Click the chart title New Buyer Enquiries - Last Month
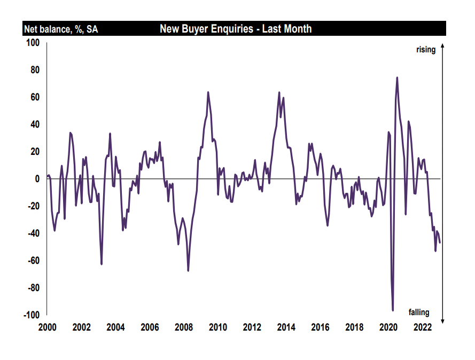tap(236, 29)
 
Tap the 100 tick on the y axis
tap(34, 42)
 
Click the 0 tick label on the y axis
tap(38, 179)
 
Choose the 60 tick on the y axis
tap(36, 97)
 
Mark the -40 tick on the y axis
tap(34, 233)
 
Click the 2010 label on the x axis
tap(218, 327)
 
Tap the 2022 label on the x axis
tap(422, 327)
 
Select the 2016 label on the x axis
tap(320, 327)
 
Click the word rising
tap(426, 50)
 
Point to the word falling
tap(419, 313)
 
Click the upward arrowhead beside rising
tap(442, 46)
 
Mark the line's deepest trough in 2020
tap(393, 310)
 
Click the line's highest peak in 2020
tap(397, 77)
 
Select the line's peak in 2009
tap(208, 92)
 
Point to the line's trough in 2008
tap(188, 271)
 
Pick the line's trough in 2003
tap(102, 264)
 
